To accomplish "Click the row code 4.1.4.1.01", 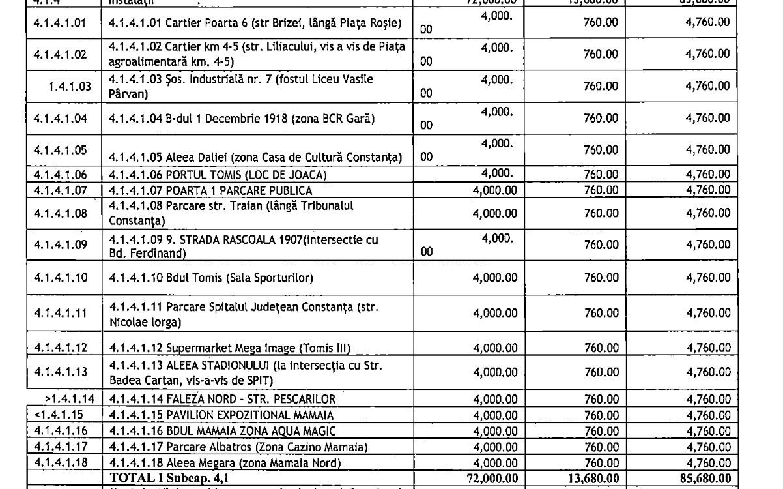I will (60, 23).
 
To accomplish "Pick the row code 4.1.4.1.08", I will (60, 213).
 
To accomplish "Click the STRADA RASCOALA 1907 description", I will (244, 246).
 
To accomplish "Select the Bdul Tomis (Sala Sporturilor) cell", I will (211, 278).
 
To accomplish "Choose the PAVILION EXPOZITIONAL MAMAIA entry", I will (221, 415).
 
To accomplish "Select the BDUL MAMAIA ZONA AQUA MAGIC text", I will (223, 430).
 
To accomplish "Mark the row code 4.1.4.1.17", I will (60, 447).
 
